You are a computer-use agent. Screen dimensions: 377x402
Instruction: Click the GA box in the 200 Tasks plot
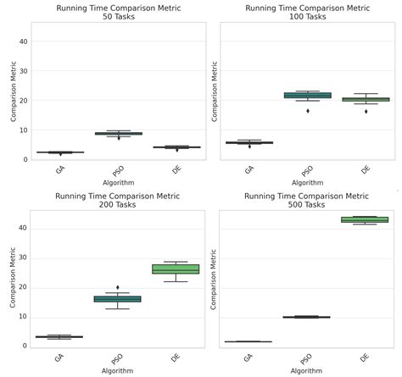(59, 336)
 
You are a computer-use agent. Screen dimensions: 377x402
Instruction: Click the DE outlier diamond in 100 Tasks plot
(366, 111)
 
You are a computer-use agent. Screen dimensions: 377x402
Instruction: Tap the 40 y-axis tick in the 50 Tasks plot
(25, 41)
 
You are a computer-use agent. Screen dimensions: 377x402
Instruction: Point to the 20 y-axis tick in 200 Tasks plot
(25, 287)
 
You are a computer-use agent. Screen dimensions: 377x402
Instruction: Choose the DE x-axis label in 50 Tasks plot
(176, 170)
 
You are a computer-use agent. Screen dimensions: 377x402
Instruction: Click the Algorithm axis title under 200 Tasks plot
(118, 372)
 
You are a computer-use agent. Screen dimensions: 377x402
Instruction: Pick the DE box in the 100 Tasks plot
(366, 99)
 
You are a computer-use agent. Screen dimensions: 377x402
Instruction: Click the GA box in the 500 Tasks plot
(247, 341)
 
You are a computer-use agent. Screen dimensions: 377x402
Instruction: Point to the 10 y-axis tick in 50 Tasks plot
(25, 130)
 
